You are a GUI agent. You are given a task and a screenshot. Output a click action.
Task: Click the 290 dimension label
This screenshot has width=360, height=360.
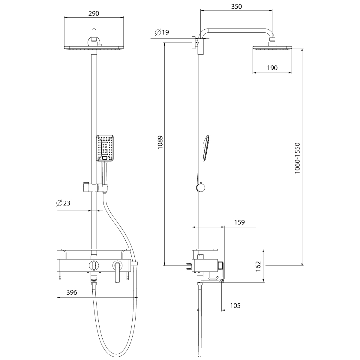tap(94, 13)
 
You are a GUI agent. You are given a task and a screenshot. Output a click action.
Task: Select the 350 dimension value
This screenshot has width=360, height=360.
tap(236, 6)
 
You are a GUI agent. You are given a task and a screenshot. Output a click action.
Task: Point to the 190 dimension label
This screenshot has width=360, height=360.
tap(272, 68)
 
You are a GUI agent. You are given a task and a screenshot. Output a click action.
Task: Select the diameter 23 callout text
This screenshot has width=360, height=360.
tap(63, 203)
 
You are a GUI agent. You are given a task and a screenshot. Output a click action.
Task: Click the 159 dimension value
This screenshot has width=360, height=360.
tap(239, 222)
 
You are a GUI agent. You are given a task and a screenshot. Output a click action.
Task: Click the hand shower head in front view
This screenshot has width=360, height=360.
tap(105, 148)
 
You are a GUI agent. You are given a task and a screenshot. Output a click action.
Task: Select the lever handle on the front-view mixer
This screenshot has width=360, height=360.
tap(117, 271)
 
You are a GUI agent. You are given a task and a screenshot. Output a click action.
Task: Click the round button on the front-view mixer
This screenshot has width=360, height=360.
tap(94, 265)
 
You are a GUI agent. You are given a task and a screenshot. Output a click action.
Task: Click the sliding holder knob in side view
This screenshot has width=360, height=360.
tap(200, 188)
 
